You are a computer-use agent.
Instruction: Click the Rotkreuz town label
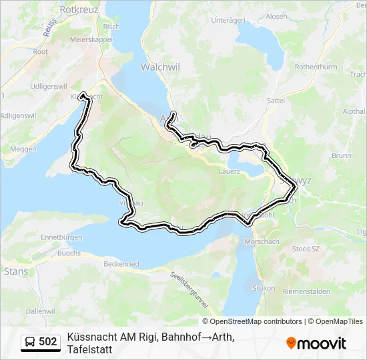pyautogui.click(x=79, y=10)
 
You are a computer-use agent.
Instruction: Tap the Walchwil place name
pyautogui.click(x=157, y=67)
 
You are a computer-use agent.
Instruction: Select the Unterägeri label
pyautogui.click(x=229, y=20)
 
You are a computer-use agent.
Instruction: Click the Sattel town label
pyautogui.click(x=276, y=100)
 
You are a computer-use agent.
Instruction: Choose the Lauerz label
pyautogui.click(x=229, y=171)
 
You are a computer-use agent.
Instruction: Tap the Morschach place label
pyautogui.click(x=260, y=241)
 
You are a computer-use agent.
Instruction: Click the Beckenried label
pyautogui.click(x=121, y=264)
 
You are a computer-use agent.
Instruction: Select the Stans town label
pyautogui.click(x=16, y=271)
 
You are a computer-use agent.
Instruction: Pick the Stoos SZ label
pyautogui.click(x=306, y=248)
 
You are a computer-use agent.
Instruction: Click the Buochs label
pyautogui.click(x=69, y=253)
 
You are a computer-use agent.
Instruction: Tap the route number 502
pyautogui.click(x=48, y=342)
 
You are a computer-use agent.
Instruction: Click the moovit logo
pyautogui.click(x=316, y=343)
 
